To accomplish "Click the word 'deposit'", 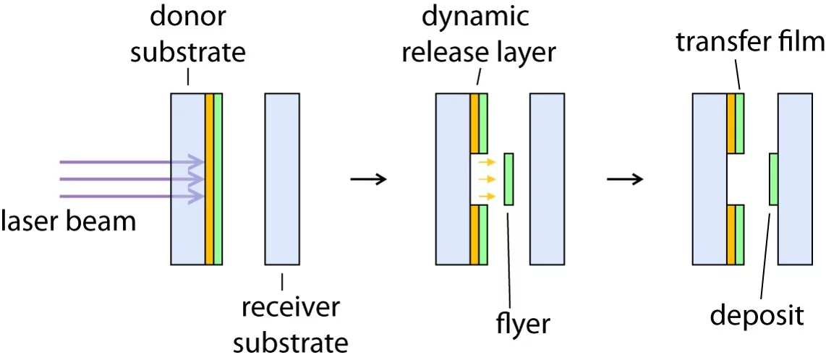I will coord(756,315).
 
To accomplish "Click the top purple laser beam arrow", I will coord(130,161).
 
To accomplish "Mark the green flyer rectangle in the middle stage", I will coord(509,179).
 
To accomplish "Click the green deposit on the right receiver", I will coord(773,179).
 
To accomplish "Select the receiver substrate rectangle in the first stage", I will coord(282,179).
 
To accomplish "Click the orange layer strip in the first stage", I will coord(209,179).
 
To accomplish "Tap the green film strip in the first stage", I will coord(218,179).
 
